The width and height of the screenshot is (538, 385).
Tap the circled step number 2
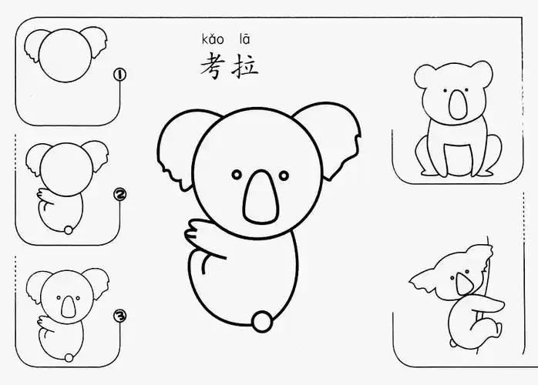click(x=119, y=196)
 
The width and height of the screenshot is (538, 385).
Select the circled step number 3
click(x=119, y=316)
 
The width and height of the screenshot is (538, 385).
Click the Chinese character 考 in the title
click(x=214, y=65)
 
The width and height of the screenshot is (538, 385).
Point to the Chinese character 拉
click(x=246, y=65)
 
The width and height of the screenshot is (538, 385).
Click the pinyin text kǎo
click(x=213, y=38)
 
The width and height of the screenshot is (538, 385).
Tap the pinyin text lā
click(x=244, y=38)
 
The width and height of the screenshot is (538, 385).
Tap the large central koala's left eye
click(x=237, y=173)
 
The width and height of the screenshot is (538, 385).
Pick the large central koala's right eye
click(x=284, y=175)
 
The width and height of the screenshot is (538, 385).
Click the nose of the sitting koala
click(x=459, y=104)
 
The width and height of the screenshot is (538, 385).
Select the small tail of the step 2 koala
click(x=69, y=230)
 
